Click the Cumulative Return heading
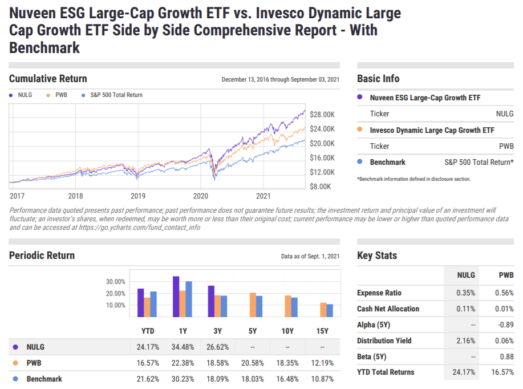(48, 79)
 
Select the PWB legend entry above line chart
(61, 95)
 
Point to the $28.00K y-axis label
(322, 114)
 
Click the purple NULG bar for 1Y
(176, 297)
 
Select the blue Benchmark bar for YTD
(153, 304)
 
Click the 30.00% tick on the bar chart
(115, 282)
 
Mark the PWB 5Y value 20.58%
(253, 363)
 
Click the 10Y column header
(287, 331)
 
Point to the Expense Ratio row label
(379, 293)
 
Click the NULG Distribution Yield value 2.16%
(465, 341)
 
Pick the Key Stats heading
(377, 256)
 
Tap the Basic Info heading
(378, 79)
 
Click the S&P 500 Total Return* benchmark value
(479, 163)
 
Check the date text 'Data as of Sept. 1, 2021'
(310, 257)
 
